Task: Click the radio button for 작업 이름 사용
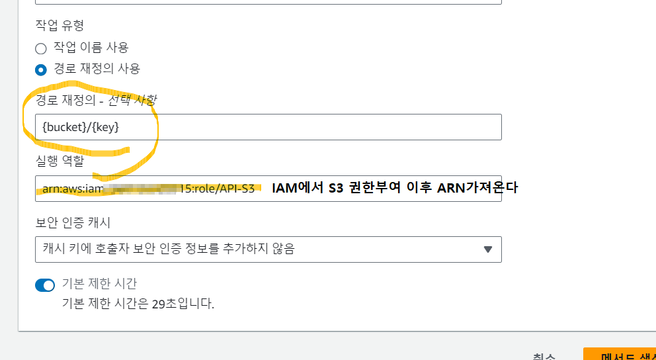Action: click(41, 48)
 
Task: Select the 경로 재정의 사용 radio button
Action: click(41, 69)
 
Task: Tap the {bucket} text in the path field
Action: click(63, 126)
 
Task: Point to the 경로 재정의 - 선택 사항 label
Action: click(96, 99)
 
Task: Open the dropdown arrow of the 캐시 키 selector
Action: click(488, 249)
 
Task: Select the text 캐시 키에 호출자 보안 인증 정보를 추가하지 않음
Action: click(169, 249)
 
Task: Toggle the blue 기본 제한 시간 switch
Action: click(45, 285)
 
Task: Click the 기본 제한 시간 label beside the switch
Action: click(99, 284)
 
